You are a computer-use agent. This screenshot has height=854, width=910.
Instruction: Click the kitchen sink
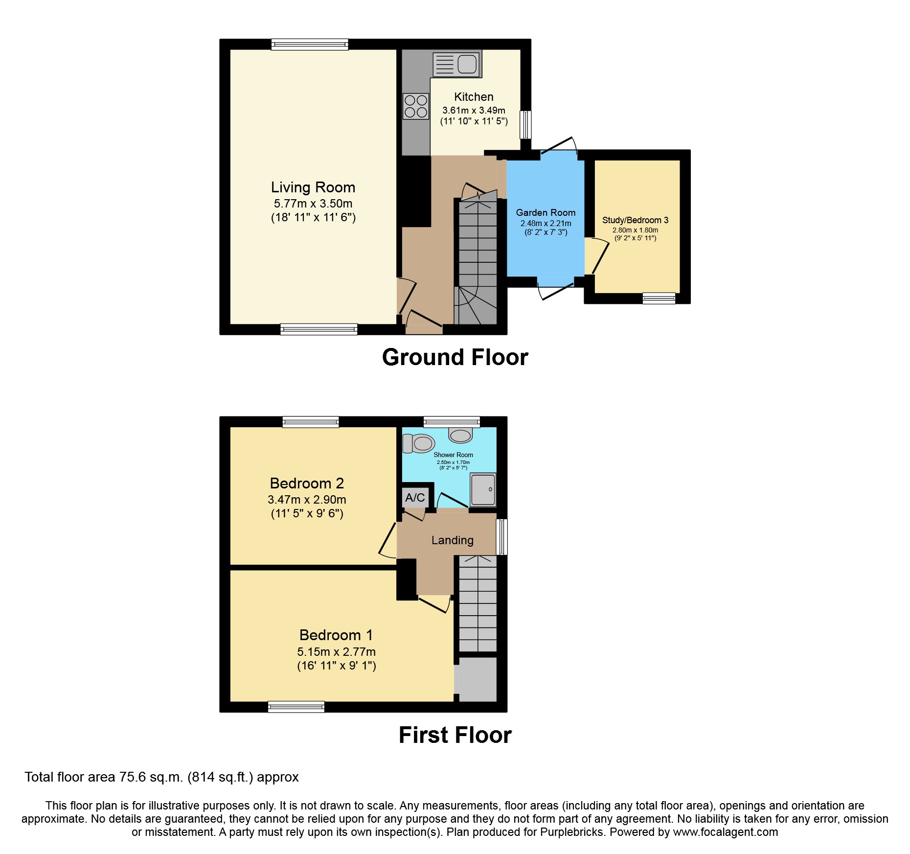coord(457,64)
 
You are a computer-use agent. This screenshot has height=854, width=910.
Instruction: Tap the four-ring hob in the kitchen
coord(416,106)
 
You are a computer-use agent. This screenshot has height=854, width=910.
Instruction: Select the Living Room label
coord(313,187)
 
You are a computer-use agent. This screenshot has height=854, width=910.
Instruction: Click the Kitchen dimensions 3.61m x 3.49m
coord(474,111)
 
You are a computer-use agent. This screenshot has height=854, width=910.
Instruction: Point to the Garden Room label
coord(546,212)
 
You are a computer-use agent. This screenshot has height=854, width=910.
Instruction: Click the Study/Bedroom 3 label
coord(635,220)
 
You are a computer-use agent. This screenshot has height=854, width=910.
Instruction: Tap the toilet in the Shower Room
coord(418,443)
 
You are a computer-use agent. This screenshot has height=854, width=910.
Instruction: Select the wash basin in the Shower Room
coord(460,434)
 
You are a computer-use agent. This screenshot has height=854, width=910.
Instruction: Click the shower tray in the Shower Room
coord(482,489)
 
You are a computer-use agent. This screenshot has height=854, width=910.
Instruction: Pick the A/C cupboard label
coord(415,498)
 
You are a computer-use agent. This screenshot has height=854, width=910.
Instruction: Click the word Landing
coord(453,540)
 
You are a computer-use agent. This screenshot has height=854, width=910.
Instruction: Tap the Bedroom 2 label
coord(307,484)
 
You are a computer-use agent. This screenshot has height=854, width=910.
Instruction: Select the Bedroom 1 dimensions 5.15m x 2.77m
coord(336,652)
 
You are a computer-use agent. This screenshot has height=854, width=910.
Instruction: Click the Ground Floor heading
coord(455,357)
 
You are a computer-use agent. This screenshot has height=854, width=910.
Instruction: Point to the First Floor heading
coord(455,735)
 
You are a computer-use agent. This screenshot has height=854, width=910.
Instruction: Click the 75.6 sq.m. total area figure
coord(151,777)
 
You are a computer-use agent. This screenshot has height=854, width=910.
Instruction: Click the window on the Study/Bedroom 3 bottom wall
coord(659,298)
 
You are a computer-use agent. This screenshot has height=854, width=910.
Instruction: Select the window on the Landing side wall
coord(502,537)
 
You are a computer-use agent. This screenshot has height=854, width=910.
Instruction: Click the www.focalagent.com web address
coord(726,832)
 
